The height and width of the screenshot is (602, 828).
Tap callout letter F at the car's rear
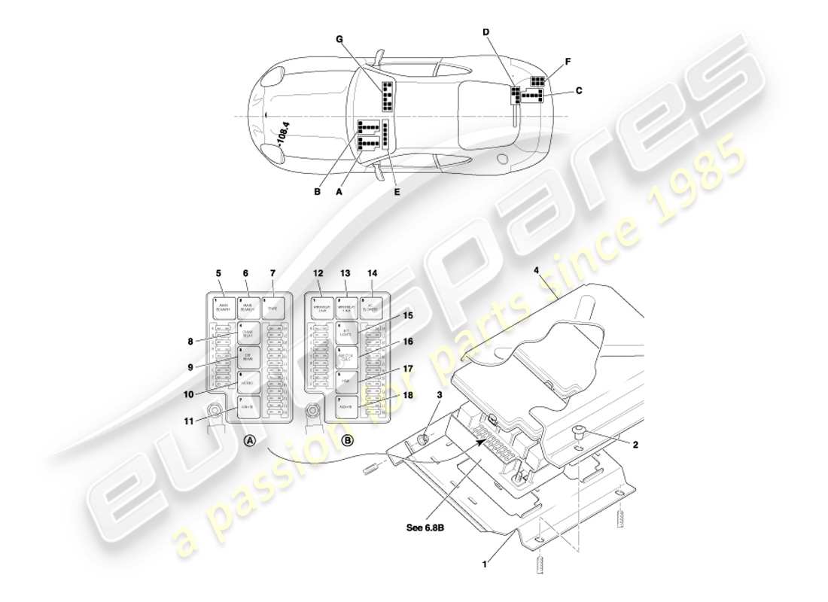point(568,62)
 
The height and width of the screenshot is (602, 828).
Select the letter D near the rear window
point(486,32)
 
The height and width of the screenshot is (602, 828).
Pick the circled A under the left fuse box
point(250,442)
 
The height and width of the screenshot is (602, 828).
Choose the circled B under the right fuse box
point(348,442)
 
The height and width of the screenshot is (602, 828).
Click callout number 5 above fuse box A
point(218,274)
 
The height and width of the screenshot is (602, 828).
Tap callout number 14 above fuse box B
point(372,274)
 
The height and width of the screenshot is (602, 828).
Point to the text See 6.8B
point(425,528)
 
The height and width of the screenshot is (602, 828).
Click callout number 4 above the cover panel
point(536,271)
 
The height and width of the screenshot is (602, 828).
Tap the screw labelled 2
point(580,432)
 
